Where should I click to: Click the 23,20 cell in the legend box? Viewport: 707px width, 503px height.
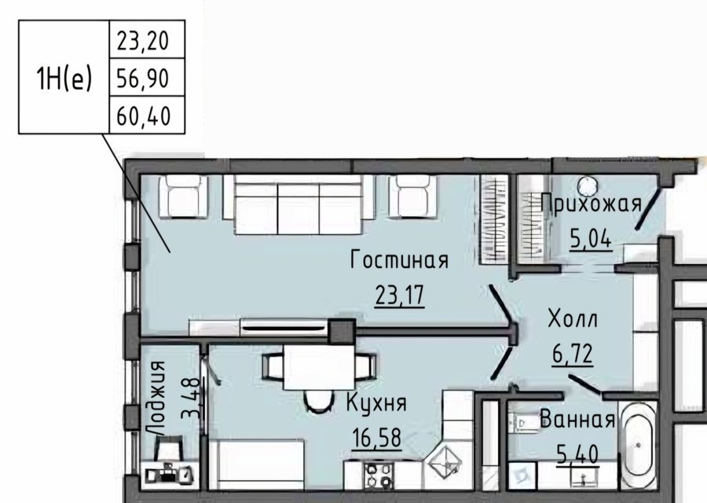click(x=143, y=41)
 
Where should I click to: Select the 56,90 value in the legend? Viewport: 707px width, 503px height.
click(x=143, y=79)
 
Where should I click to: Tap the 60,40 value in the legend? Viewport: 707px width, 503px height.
click(x=144, y=116)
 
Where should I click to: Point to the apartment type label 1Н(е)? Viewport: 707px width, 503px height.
click(x=64, y=78)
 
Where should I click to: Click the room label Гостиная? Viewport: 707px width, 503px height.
click(x=400, y=260)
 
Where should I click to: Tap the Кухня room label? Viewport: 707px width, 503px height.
click(x=376, y=402)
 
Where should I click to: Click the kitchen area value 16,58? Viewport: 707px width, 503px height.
click(x=376, y=438)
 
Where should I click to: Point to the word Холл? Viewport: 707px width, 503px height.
click(x=573, y=319)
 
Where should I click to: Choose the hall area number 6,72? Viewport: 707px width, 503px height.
click(x=573, y=354)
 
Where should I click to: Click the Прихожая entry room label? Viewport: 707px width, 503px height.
click(x=592, y=204)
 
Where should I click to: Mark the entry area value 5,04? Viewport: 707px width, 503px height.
click(x=591, y=239)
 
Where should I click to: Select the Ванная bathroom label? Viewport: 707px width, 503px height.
click(x=577, y=420)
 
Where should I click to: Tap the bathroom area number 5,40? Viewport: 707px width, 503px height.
click(x=577, y=454)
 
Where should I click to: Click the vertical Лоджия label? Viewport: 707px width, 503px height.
click(x=158, y=398)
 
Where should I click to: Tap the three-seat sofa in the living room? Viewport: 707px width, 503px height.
click(x=299, y=204)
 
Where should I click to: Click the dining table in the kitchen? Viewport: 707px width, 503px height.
click(x=319, y=367)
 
